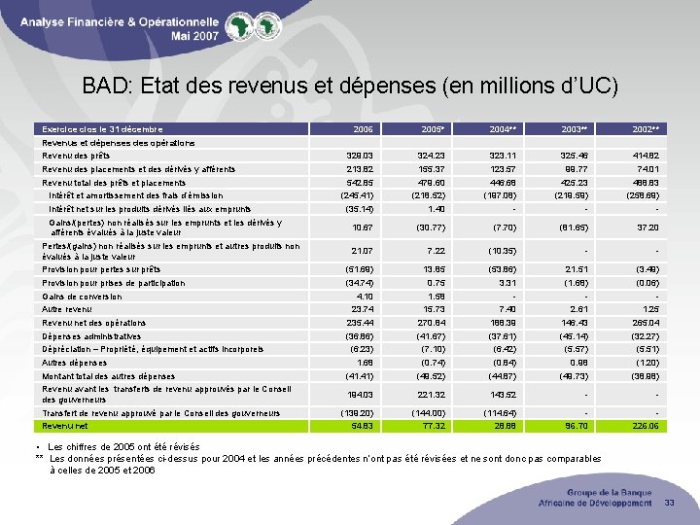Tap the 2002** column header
[646, 129]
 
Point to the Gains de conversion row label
[82, 297]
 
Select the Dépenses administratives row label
[93, 335]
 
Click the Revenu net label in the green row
[63, 426]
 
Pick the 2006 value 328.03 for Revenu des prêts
[360, 156]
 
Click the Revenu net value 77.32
[433, 426]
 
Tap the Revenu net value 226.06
[645, 426]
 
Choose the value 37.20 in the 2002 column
[647, 227]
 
